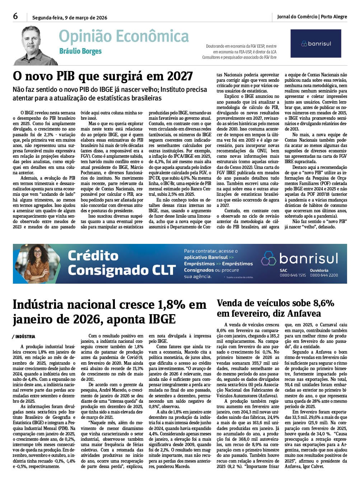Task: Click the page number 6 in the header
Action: click(x=15, y=16)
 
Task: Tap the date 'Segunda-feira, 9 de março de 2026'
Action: click(x=70, y=18)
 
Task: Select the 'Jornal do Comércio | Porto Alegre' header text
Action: click(x=312, y=17)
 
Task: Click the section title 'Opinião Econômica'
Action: click(x=123, y=36)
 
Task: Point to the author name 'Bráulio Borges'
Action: click(x=80, y=51)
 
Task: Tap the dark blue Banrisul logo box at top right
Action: click(x=315, y=43)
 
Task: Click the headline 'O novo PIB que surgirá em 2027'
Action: click(x=103, y=76)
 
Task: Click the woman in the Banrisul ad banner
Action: click(x=37, y=264)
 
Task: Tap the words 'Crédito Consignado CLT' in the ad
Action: click(x=121, y=263)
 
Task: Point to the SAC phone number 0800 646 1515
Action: click(x=293, y=275)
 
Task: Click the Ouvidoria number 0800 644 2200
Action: click(x=324, y=275)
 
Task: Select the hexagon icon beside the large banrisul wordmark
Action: click(x=268, y=258)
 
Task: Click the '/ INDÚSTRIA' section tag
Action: click(x=24, y=337)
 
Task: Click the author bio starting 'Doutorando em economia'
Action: click(x=240, y=52)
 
